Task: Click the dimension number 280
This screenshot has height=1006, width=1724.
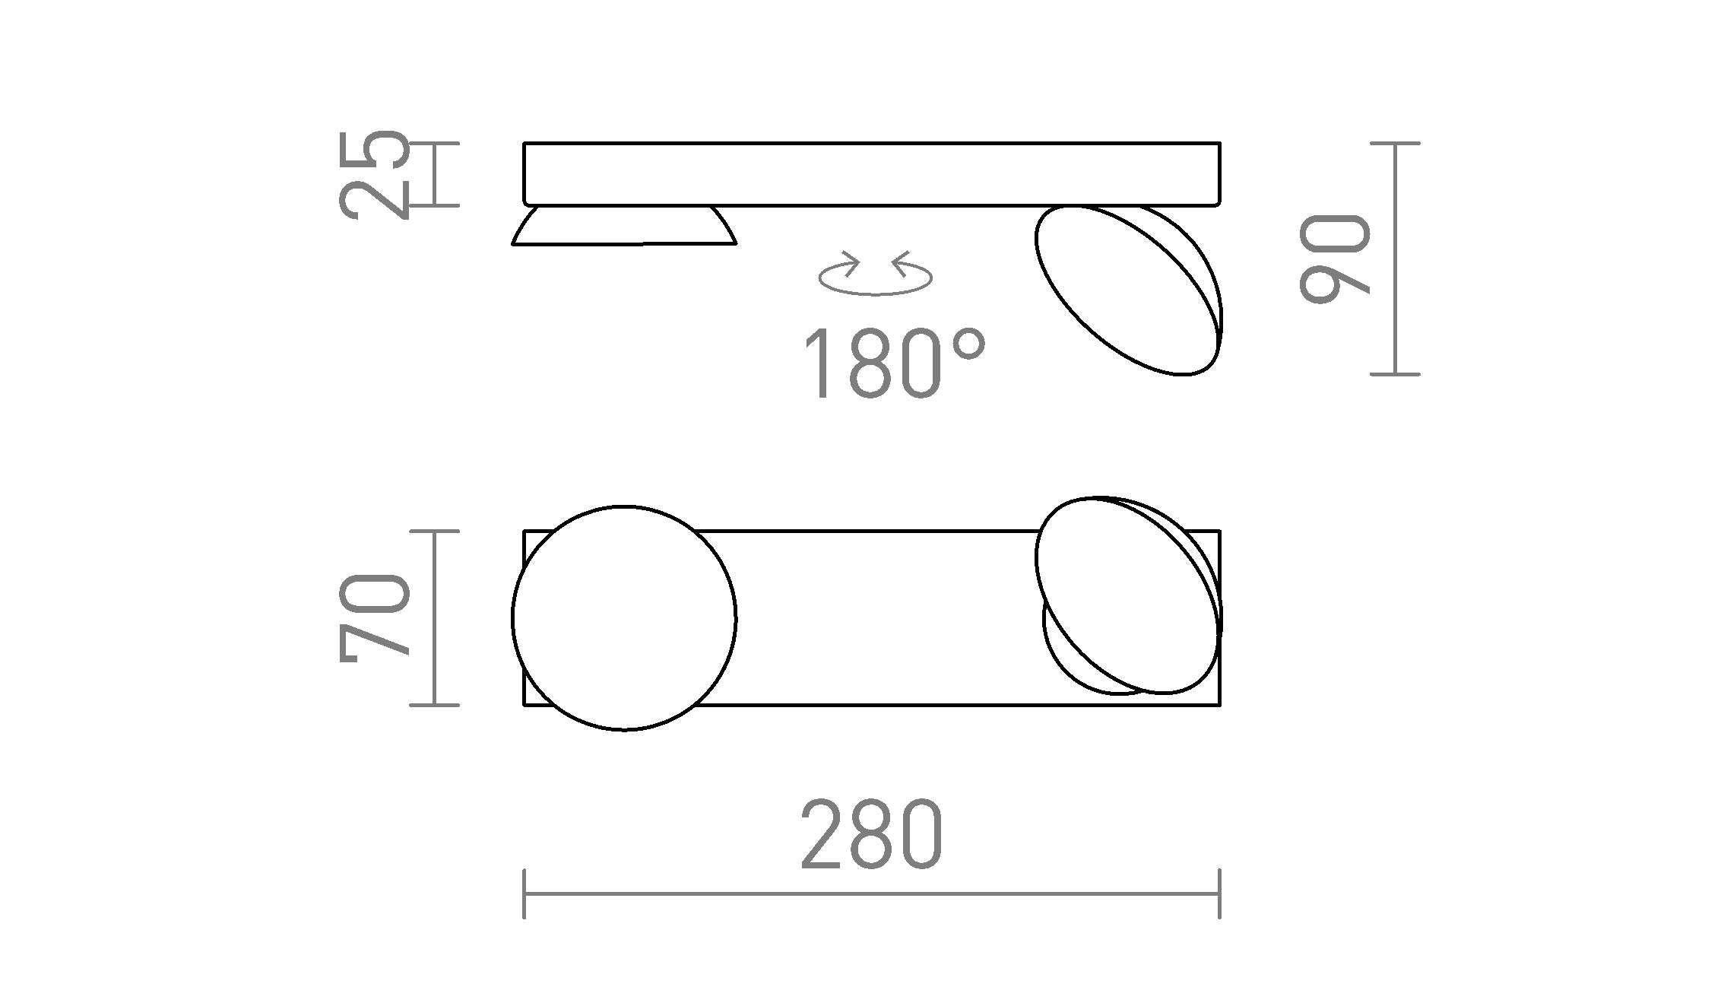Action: (x=871, y=834)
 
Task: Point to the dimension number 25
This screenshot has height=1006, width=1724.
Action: (x=374, y=175)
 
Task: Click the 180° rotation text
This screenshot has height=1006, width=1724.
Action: (x=893, y=363)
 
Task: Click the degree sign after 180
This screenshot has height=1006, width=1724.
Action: (x=968, y=346)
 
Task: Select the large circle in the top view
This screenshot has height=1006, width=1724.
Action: (x=624, y=618)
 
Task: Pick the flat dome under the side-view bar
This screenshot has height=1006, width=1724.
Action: (x=624, y=227)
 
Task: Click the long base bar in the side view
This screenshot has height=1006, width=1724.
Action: (x=871, y=174)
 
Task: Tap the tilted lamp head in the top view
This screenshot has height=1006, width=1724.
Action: (x=1128, y=595)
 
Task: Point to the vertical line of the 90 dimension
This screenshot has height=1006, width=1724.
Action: (x=1395, y=259)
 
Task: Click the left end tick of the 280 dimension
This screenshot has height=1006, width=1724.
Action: (x=524, y=893)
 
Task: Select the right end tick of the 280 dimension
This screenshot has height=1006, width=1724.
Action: (x=1219, y=893)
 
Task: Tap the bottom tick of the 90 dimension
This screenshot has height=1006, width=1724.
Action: (x=1395, y=374)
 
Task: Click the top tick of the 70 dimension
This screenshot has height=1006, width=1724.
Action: (x=434, y=532)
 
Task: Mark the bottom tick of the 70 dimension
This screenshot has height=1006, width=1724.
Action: (x=434, y=705)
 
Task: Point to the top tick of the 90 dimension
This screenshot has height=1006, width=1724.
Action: (x=1395, y=143)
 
